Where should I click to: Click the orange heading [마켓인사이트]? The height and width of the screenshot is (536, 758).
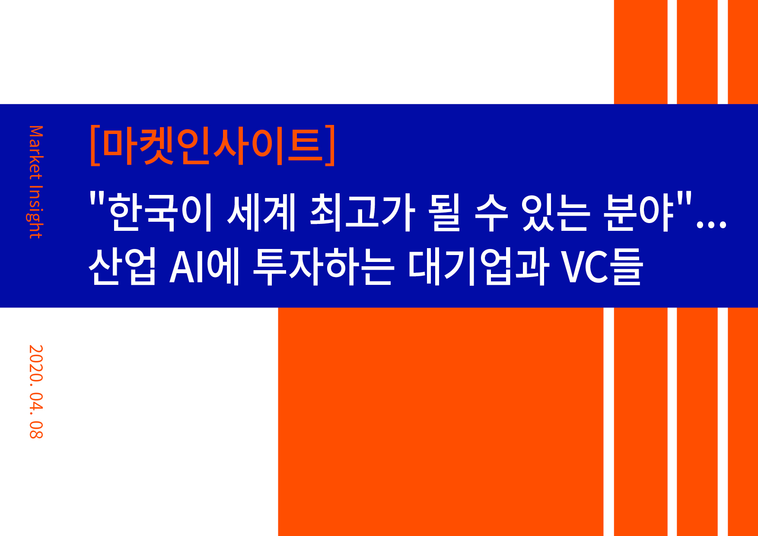pos(213,145)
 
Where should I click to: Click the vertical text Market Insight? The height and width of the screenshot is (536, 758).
pos(36,182)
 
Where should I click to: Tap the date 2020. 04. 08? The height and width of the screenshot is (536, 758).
pos(36,392)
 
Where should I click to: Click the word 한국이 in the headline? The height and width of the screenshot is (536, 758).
pos(160,212)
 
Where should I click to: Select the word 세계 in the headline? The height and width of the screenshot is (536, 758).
pos(261,212)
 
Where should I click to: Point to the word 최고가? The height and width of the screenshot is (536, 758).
pos(362,212)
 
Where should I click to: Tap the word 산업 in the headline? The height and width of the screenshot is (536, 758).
pos(122,266)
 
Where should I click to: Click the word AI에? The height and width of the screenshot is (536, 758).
pos(204,266)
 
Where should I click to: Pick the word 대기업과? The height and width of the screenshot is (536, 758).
pos(478,266)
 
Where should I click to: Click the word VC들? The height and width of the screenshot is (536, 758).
pos(602,266)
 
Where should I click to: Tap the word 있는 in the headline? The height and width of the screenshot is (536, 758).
pos(555,212)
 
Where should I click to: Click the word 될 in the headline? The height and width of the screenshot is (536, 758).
pos(445,212)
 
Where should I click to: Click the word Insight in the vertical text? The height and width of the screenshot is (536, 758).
pos(36,212)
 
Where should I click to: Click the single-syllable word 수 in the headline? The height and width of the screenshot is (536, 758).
pos(491,212)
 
